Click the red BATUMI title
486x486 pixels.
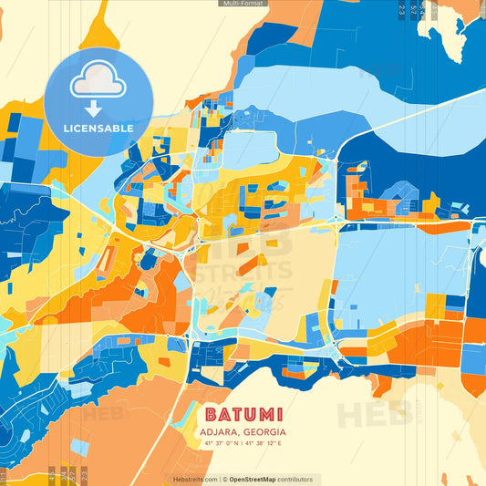point(243,413)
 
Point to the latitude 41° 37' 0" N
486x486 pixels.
point(223,443)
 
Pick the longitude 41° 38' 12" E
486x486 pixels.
point(264,443)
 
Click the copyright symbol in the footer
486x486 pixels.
point(223,479)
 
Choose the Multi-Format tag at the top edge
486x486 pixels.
point(243,4)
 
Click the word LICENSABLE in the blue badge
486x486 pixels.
point(98,129)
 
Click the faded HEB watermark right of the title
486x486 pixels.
point(374,412)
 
